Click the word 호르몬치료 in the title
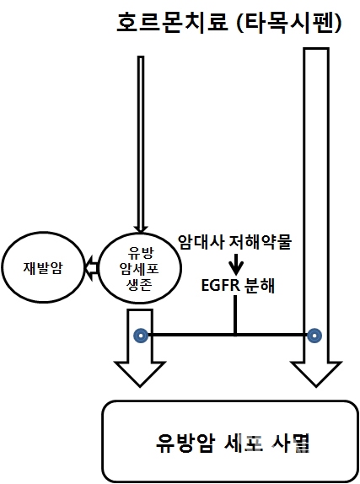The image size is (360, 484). click(172, 23)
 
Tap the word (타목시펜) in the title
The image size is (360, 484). click(288, 23)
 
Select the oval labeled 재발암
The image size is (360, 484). click(43, 267)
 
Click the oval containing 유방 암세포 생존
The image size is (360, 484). click(140, 268)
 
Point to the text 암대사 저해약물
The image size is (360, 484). click(234, 242)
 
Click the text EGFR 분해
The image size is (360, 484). click(238, 285)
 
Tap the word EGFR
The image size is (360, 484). click(220, 285)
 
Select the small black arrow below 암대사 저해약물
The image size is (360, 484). click(236, 264)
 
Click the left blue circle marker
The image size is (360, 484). click(141, 336)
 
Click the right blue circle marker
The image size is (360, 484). click(314, 336)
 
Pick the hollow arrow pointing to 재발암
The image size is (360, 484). click(91, 268)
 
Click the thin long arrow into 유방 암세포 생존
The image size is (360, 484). click(141, 144)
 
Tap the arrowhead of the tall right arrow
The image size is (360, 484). click(316, 374)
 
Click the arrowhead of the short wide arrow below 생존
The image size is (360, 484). click(140, 374)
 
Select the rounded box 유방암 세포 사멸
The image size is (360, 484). click(230, 441)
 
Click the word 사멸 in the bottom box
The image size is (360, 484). click(290, 444)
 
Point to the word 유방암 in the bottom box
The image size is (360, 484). click(185, 444)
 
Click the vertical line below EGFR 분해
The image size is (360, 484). click(235, 315)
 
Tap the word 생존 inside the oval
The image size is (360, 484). click(140, 285)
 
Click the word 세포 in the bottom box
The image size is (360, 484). click(243, 444)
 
